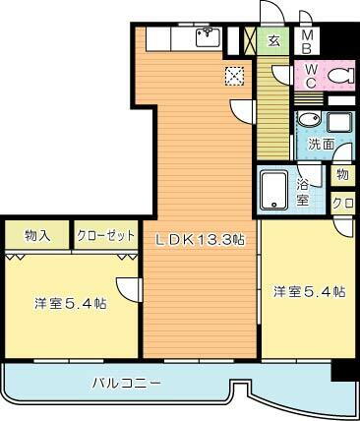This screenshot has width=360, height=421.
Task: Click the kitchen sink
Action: [x=209, y=38]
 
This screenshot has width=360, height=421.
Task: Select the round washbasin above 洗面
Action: [x=308, y=122]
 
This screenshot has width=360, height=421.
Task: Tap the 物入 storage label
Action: [x=37, y=236]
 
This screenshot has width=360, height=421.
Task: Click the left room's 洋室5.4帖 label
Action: [x=70, y=305]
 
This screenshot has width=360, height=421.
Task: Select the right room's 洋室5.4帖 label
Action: [x=309, y=291]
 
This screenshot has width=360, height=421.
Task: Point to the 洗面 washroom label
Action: [x=320, y=144]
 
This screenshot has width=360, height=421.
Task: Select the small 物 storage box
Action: [x=341, y=175]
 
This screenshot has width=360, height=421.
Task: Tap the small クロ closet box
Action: [x=342, y=204]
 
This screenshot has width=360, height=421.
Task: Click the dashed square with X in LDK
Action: [x=234, y=76]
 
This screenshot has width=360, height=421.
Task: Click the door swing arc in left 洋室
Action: [x=128, y=289]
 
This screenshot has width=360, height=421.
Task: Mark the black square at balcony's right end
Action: [x=342, y=371]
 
